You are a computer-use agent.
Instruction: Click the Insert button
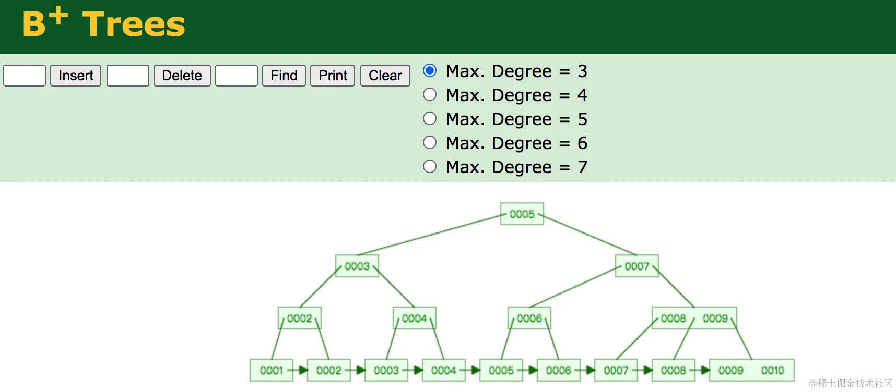click(x=76, y=76)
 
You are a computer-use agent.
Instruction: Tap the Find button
click(x=284, y=76)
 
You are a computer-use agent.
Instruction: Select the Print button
click(x=333, y=76)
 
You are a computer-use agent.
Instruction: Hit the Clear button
click(x=385, y=76)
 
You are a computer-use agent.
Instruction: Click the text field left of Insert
click(x=25, y=76)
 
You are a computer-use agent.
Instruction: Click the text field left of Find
click(x=237, y=76)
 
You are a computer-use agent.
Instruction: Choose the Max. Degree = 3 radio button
click(x=430, y=70)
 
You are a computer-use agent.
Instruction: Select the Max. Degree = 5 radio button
click(x=430, y=118)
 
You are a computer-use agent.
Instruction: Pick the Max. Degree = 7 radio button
click(x=430, y=166)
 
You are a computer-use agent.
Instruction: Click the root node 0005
click(x=522, y=214)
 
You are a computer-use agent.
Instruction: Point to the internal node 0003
click(x=357, y=266)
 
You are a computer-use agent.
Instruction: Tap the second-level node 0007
click(x=636, y=266)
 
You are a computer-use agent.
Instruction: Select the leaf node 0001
click(x=271, y=370)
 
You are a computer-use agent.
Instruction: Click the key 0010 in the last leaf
click(x=772, y=370)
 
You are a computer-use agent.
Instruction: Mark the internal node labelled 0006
click(x=529, y=318)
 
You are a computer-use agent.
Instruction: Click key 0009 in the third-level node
click(x=715, y=318)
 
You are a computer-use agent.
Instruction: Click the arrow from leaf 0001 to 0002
click(x=300, y=370)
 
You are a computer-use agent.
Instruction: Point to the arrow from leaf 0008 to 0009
click(x=702, y=370)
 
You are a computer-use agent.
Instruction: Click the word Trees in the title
click(x=134, y=24)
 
